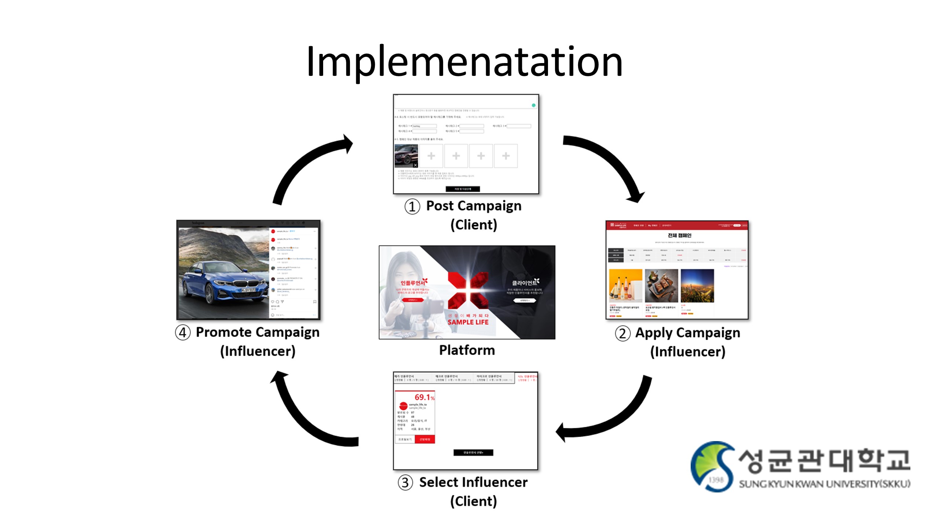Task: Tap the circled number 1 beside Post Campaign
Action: [x=412, y=206]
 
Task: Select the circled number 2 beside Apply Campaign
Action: [x=622, y=334]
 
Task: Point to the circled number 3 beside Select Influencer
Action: [x=405, y=483]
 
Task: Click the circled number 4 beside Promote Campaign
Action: [x=183, y=333]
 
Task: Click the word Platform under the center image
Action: [x=467, y=350]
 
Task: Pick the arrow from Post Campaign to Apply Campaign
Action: [x=609, y=161]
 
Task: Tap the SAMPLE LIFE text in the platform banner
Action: [x=468, y=322]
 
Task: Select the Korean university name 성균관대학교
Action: [x=823, y=461]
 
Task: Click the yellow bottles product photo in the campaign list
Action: [x=625, y=286]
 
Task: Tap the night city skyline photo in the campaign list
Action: [x=697, y=286]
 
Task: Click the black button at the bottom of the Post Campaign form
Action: [x=463, y=189]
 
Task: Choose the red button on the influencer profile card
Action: [x=425, y=439]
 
